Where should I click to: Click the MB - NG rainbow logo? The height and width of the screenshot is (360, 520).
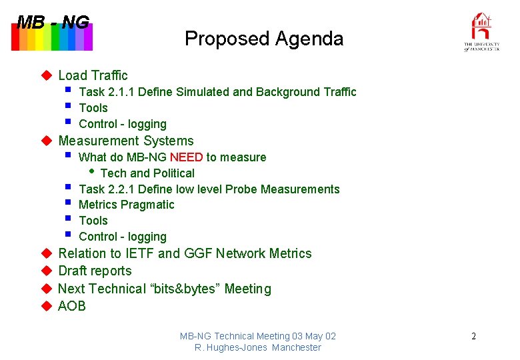52,33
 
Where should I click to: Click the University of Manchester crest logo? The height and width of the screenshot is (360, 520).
481,31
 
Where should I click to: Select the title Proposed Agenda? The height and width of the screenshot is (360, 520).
264,39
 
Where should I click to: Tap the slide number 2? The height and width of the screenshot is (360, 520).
473,336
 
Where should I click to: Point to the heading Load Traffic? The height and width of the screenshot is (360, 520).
93,75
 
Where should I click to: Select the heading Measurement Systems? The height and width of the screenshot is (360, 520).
126,141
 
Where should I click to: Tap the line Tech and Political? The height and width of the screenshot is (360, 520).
147,173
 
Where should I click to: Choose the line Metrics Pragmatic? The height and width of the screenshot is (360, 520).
126,205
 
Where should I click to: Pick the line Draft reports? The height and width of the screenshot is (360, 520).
95,271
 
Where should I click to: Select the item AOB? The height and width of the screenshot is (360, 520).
72,306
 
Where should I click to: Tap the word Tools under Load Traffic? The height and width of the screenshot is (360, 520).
93,108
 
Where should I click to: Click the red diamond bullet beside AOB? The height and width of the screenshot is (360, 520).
46,306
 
